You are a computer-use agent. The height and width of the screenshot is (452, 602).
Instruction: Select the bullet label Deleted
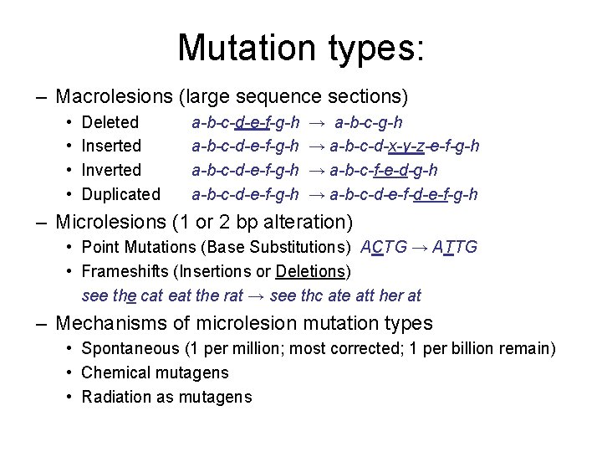coord(110,123)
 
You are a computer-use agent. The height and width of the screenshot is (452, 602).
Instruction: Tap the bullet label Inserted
coord(111,146)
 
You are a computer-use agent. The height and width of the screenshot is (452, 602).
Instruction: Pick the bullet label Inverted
coord(111,170)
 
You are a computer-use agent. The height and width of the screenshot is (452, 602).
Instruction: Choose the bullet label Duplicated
coord(120,194)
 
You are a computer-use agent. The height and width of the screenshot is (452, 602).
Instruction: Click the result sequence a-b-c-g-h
coord(368,123)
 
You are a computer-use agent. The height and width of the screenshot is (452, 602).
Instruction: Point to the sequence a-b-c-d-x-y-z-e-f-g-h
coord(405,146)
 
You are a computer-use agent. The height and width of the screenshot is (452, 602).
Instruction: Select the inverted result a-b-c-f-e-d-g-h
coord(384,170)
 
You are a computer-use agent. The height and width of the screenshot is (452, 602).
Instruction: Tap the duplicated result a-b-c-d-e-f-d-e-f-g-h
coord(404,194)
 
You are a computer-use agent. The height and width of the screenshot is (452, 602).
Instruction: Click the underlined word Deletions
coord(310,271)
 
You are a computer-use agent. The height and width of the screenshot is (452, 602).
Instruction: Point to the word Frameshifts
coord(123,271)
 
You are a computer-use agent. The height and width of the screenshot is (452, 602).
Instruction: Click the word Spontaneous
coord(130,348)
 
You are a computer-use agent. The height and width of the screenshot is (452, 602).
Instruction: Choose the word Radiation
coord(115,397)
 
